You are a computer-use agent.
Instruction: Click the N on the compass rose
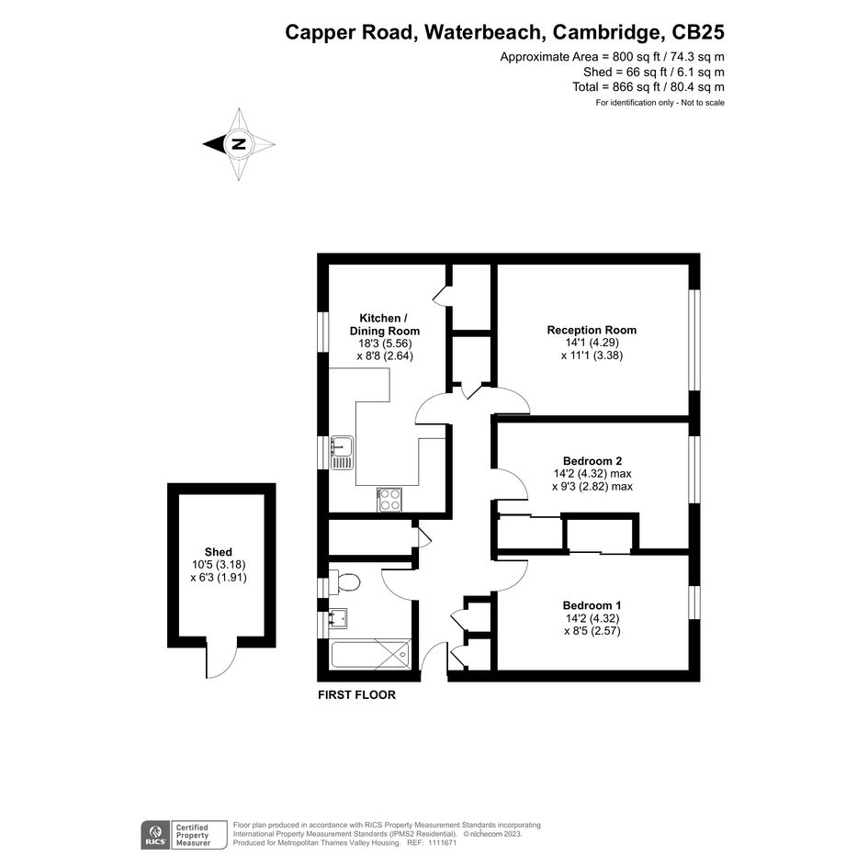tap(239, 144)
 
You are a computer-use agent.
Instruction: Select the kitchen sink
tap(342, 452)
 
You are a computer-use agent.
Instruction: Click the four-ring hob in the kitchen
tap(389, 500)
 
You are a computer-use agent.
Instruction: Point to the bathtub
tap(371, 655)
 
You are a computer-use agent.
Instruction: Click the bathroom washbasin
tap(338, 618)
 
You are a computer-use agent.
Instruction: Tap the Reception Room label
tap(592, 330)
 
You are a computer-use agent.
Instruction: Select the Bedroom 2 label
tap(592, 460)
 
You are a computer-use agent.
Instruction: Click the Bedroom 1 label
tap(592, 605)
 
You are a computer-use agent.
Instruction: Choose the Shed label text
tap(218, 552)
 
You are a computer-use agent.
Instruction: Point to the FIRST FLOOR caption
tap(356, 694)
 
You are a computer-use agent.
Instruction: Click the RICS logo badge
tap(155, 835)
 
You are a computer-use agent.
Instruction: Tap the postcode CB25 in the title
tap(698, 32)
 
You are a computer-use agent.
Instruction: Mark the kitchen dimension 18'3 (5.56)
tap(385, 344)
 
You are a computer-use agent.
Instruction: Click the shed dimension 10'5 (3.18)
tap(219, 565)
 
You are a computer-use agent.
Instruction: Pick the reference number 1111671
tap(440, 842)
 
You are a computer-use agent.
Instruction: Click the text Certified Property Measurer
tap(193, 835)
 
